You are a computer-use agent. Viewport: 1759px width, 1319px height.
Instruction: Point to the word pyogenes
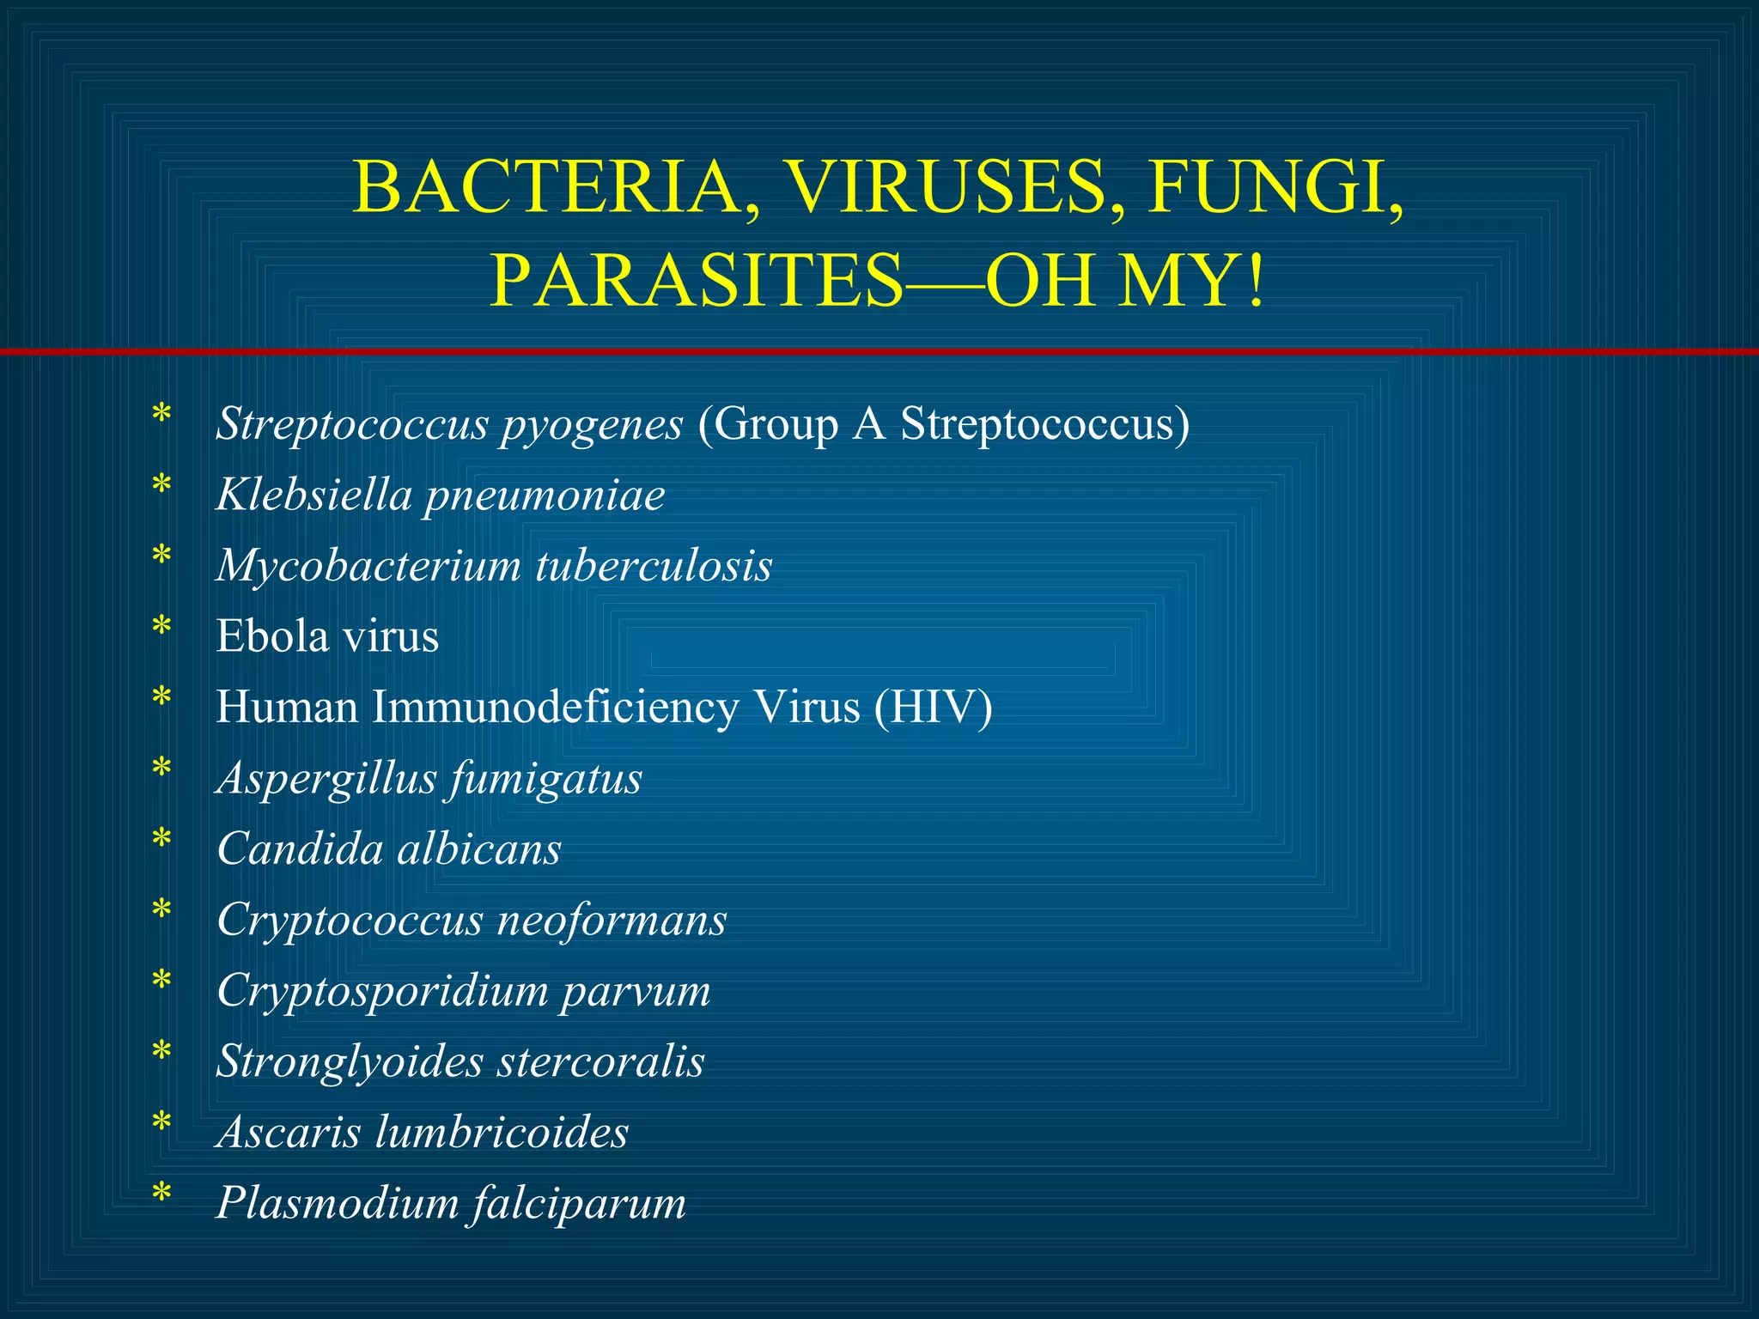pyautogui.click(x=592, y=425)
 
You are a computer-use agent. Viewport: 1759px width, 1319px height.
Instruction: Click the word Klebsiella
pyautogui.click(x=314, y=495)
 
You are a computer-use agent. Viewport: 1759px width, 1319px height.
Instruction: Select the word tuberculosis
pyautogui.click(x=654, y=566)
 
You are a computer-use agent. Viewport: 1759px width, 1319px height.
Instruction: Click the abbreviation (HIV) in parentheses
pyautogui.click(x=934, y=708)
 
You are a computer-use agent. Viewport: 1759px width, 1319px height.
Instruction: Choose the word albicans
pyautogui.click(x=478, y=849)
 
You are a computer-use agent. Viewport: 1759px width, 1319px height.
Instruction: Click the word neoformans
pyautogui.click(x=612, y=920)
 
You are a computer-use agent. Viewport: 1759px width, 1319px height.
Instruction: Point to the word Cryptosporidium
pyautogui.click(x=383, y=992)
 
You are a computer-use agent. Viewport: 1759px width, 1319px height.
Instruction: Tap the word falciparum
pyautogui.click(x=579, y=1203)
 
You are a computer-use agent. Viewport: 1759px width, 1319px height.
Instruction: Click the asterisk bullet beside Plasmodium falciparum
pyautogui.click(x=161, y=1194)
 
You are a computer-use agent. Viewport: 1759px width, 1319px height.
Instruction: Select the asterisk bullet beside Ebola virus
pyautogui.click(x=161, y=628)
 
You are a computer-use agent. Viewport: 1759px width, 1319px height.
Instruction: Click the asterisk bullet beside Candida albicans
pyautogui.click(x=161, y=840)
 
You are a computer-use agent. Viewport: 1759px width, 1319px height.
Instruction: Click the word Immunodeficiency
pyautogui.click(x=555, y=708)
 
